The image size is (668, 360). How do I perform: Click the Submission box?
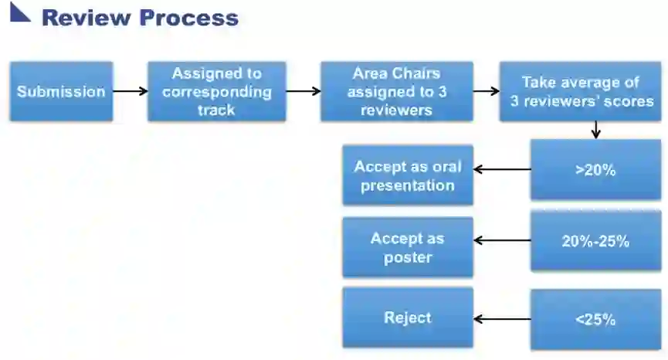(61, 91)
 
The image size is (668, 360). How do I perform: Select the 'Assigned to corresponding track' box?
(217, 91)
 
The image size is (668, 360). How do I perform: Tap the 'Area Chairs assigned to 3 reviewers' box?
(396, 91)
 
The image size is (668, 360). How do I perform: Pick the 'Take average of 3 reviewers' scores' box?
(580, 91)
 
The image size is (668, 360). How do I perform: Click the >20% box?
(595, 170)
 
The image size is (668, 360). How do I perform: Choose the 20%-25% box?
(595, 241)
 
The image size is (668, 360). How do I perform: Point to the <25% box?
(595, 319)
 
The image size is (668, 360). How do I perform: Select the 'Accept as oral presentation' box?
(408, 175)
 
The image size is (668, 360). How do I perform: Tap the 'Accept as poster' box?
(408, 247)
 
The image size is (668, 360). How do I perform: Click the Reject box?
(408, 318)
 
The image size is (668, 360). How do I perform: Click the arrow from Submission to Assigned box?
(130, 91)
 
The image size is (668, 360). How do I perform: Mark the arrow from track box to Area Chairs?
(303, 91)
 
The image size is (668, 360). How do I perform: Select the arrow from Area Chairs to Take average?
(486, 91)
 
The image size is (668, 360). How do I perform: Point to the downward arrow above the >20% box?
(595, 130)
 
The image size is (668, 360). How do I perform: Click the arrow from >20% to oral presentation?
(501, 170)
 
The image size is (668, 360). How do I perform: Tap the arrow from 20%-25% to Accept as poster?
(501, 241)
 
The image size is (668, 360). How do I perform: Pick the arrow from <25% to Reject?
(501, 319)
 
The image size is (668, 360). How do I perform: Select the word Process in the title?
(189, 18)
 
